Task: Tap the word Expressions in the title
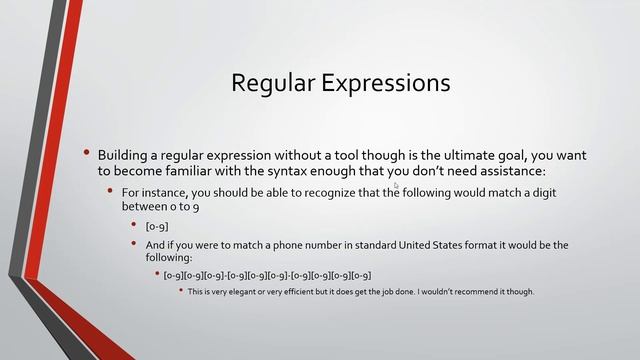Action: (384, 82)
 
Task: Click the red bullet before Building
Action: (88, 153)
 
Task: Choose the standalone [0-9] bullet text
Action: (156, 226)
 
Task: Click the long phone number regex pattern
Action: (267, 275)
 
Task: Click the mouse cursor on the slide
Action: (397, 185)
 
